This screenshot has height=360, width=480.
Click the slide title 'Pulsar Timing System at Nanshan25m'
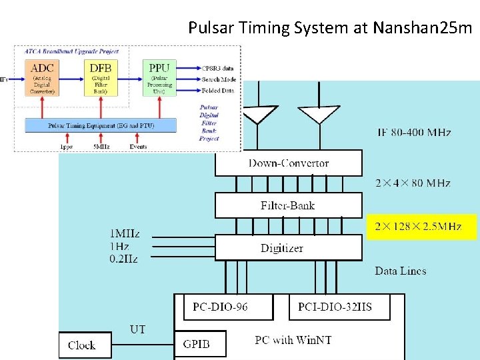(330, 28)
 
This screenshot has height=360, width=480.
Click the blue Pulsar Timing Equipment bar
(101, 125)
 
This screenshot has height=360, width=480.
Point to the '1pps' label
(66, 146)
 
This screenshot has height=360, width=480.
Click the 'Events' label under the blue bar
(139, 146)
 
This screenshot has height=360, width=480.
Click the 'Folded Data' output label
(217, 90)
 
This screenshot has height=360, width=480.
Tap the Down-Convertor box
(288, 163)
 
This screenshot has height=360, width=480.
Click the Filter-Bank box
(288, 205)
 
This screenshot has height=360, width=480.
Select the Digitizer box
(288, 247)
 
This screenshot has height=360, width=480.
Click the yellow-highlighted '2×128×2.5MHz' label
(421, 227)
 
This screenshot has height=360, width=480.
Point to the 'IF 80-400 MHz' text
(413, 133)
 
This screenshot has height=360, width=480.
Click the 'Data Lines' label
(400, 271)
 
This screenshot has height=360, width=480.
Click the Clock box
(82, 345)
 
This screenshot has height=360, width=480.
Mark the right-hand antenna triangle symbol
(319, 115)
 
